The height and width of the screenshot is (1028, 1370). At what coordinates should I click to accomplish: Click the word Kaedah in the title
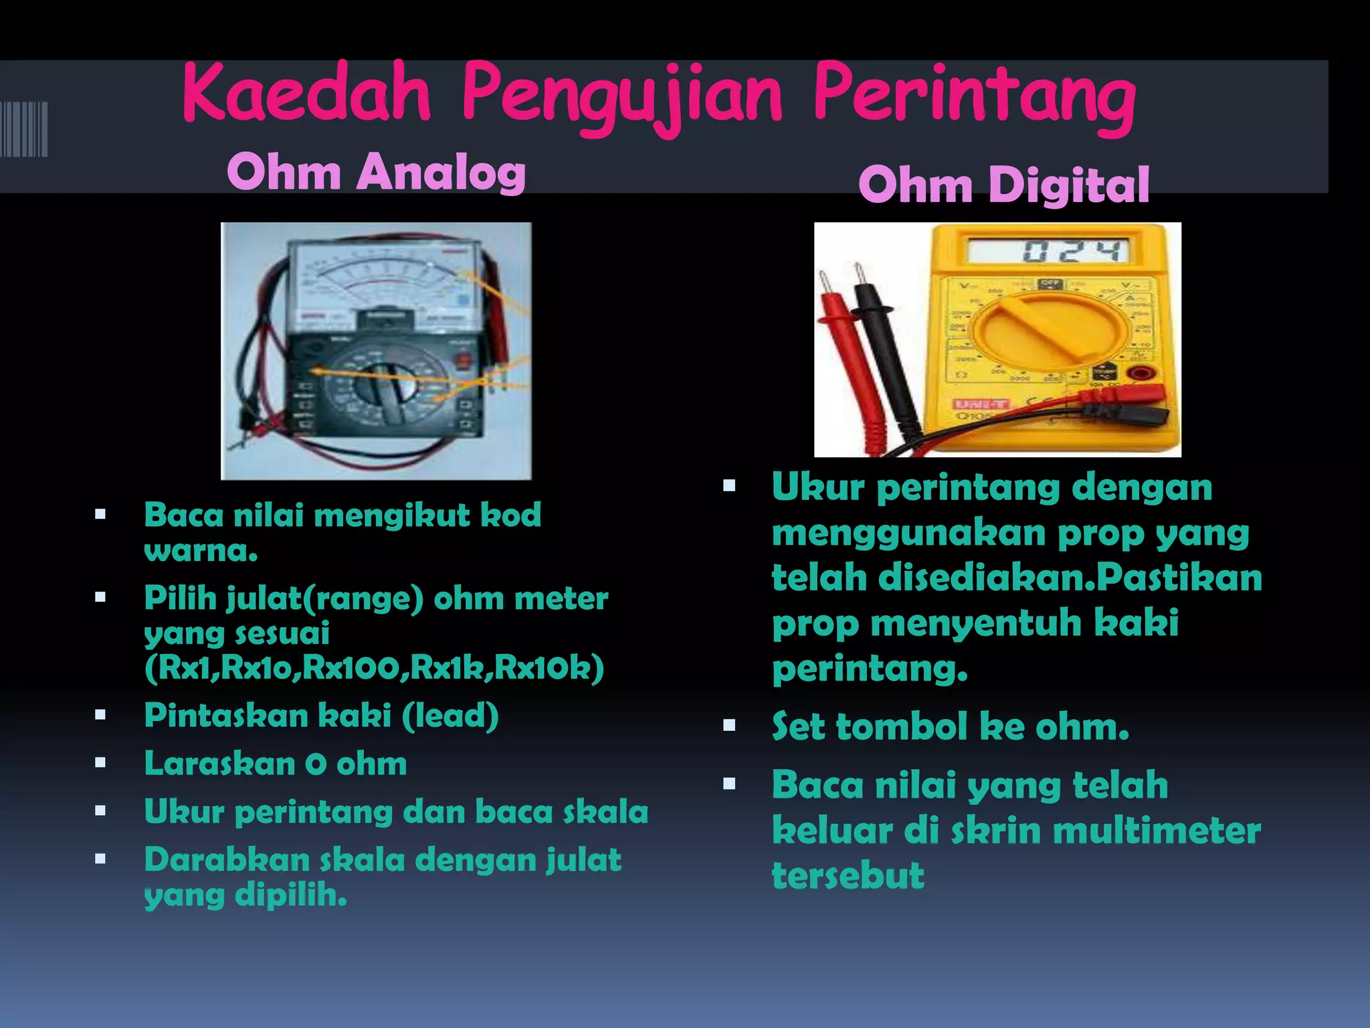coord(306,94)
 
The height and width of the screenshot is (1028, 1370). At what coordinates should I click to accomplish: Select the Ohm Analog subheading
coord(376,173)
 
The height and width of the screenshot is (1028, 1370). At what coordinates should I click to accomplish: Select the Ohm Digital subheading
coord(1003,185)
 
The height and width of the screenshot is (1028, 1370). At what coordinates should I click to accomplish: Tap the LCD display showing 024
coord(1048,252)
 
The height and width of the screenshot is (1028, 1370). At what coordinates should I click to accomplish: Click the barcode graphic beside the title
coord(24,129)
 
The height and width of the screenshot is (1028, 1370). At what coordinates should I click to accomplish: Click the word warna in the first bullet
coord(200,551)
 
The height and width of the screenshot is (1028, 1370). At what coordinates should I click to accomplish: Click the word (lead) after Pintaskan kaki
coord(450,715)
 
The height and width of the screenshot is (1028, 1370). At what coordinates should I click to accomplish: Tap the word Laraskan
coord(219,764)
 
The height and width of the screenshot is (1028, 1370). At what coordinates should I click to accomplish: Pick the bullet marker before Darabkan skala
coord(100,859)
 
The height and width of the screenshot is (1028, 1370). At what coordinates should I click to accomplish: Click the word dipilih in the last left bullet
coord(290,895)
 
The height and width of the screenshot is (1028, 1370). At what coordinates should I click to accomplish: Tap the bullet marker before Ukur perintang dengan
coord(729,486)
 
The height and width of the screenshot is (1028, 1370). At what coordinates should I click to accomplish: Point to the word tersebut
coord(848,876)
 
